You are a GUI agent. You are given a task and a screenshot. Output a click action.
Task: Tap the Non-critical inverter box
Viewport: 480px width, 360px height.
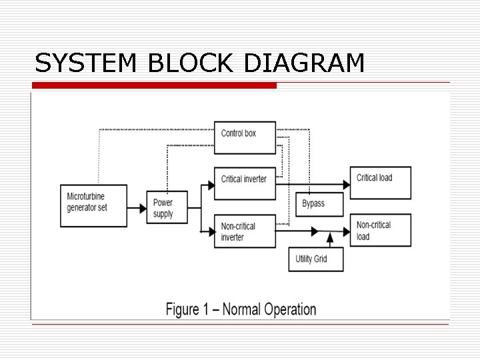tap(245, 231)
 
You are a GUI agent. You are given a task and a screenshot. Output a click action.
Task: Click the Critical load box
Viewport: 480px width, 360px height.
tap(382, 183)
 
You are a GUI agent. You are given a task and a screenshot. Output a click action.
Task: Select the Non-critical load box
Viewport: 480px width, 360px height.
tap(382, 231)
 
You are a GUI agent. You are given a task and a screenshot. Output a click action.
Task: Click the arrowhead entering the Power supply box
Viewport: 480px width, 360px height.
tap(142, 208)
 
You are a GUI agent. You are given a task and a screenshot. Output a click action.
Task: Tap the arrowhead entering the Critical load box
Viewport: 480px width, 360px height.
tap(345, 184)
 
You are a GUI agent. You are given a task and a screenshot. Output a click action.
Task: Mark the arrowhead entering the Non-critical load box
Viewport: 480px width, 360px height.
tap(345, 232)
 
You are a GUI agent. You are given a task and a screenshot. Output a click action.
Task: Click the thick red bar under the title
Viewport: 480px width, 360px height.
tap(154, 86)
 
